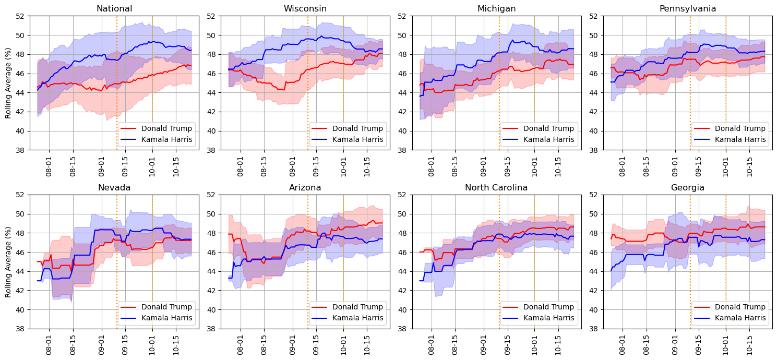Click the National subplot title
(111, 8)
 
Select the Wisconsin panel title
(302, 8)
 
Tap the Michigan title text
(493, 8)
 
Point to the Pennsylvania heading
(684, 8)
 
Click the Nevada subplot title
(111, 187)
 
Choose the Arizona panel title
(302, 187)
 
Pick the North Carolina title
(493, 187)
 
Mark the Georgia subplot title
(684, 187)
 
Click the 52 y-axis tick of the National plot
(21, 16)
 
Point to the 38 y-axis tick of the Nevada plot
(21, 329)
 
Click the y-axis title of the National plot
(8, 82)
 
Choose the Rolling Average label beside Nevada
(8, 261)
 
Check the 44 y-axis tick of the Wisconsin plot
(212, 92)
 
